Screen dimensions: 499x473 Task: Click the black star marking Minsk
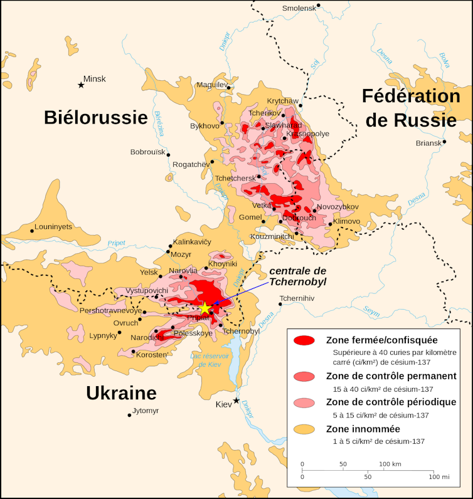(81, 85)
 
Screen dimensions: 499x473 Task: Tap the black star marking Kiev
(236, 401)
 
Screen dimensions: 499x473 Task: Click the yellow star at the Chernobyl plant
(205, 308)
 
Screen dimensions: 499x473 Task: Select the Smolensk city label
(299, 8)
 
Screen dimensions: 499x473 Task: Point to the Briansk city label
(428, 143)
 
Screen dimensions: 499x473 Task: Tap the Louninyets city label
(53, 226)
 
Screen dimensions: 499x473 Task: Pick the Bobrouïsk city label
(147, 152)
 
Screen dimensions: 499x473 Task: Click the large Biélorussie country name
(95, 117)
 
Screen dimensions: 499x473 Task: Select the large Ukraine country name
(121, 393)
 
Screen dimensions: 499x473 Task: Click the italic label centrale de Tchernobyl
(298, 276)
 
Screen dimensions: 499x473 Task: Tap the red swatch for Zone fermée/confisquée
(304, 340)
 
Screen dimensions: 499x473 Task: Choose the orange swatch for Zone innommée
(304, 429)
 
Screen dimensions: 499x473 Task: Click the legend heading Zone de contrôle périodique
(391, 402)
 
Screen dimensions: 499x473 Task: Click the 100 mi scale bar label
(438, 477)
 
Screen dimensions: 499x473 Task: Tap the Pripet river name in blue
(116, 243)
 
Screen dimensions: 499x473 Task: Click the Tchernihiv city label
(297, 298)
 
